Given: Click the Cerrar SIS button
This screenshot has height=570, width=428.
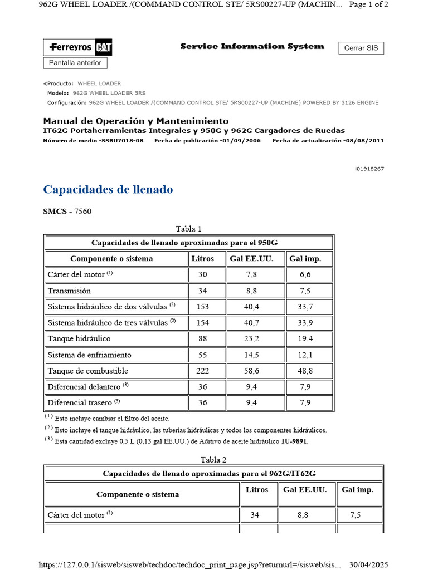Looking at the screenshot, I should tap(361, 48).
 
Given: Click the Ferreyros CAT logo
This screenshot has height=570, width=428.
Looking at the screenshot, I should tap(77, 48).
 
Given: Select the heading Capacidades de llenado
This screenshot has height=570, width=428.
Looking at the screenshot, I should tap(108, 190).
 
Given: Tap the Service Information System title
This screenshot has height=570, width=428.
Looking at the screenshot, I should tap(252, 46).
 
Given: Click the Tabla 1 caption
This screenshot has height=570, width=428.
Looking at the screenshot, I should tap(188, 229).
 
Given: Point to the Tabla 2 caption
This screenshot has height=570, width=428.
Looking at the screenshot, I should tap(213, 459).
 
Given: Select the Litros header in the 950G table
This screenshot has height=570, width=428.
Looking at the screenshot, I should tap(202, 259).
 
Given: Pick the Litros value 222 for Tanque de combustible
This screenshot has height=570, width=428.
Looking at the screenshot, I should tap(202, 371).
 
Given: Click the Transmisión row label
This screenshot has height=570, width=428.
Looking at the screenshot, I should tap(69, 291).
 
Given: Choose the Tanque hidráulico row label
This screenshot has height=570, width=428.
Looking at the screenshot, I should tap(79, 338).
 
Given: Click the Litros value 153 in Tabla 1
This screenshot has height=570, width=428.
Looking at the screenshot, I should tap(202, 306).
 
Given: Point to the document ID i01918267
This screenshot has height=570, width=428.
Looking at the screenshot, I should tap(369, 169).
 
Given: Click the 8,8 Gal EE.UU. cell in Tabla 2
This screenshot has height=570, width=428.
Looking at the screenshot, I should tap(303, 515).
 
